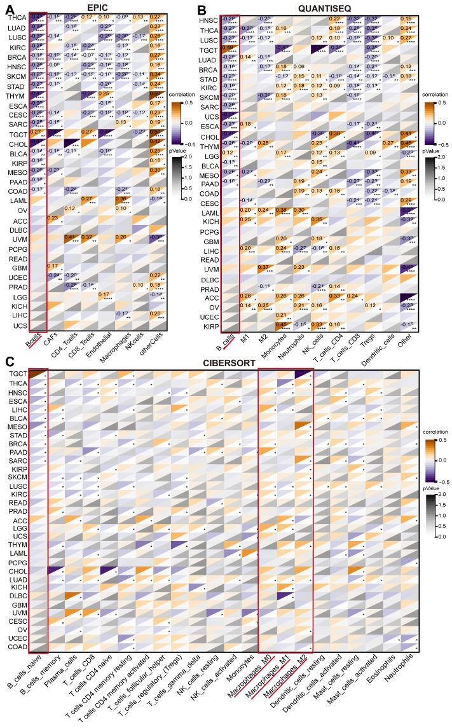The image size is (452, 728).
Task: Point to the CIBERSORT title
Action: (229, 362)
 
